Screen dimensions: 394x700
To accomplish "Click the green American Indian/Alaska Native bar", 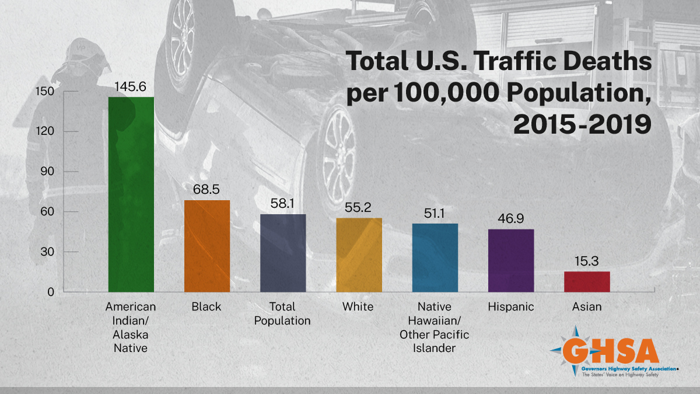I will (131, 194).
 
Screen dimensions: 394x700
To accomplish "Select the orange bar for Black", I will (207, 246).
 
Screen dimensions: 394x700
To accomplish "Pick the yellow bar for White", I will (359, 254).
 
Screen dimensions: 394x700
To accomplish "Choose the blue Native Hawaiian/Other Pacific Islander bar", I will (435, 257).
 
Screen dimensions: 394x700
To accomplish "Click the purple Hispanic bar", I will (510, 260).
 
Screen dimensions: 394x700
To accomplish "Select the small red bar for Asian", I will (586, 281).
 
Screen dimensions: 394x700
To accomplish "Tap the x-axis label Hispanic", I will (510, 307).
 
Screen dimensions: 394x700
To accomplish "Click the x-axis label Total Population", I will (283, 314).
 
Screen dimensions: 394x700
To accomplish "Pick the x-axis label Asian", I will (586, 307).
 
